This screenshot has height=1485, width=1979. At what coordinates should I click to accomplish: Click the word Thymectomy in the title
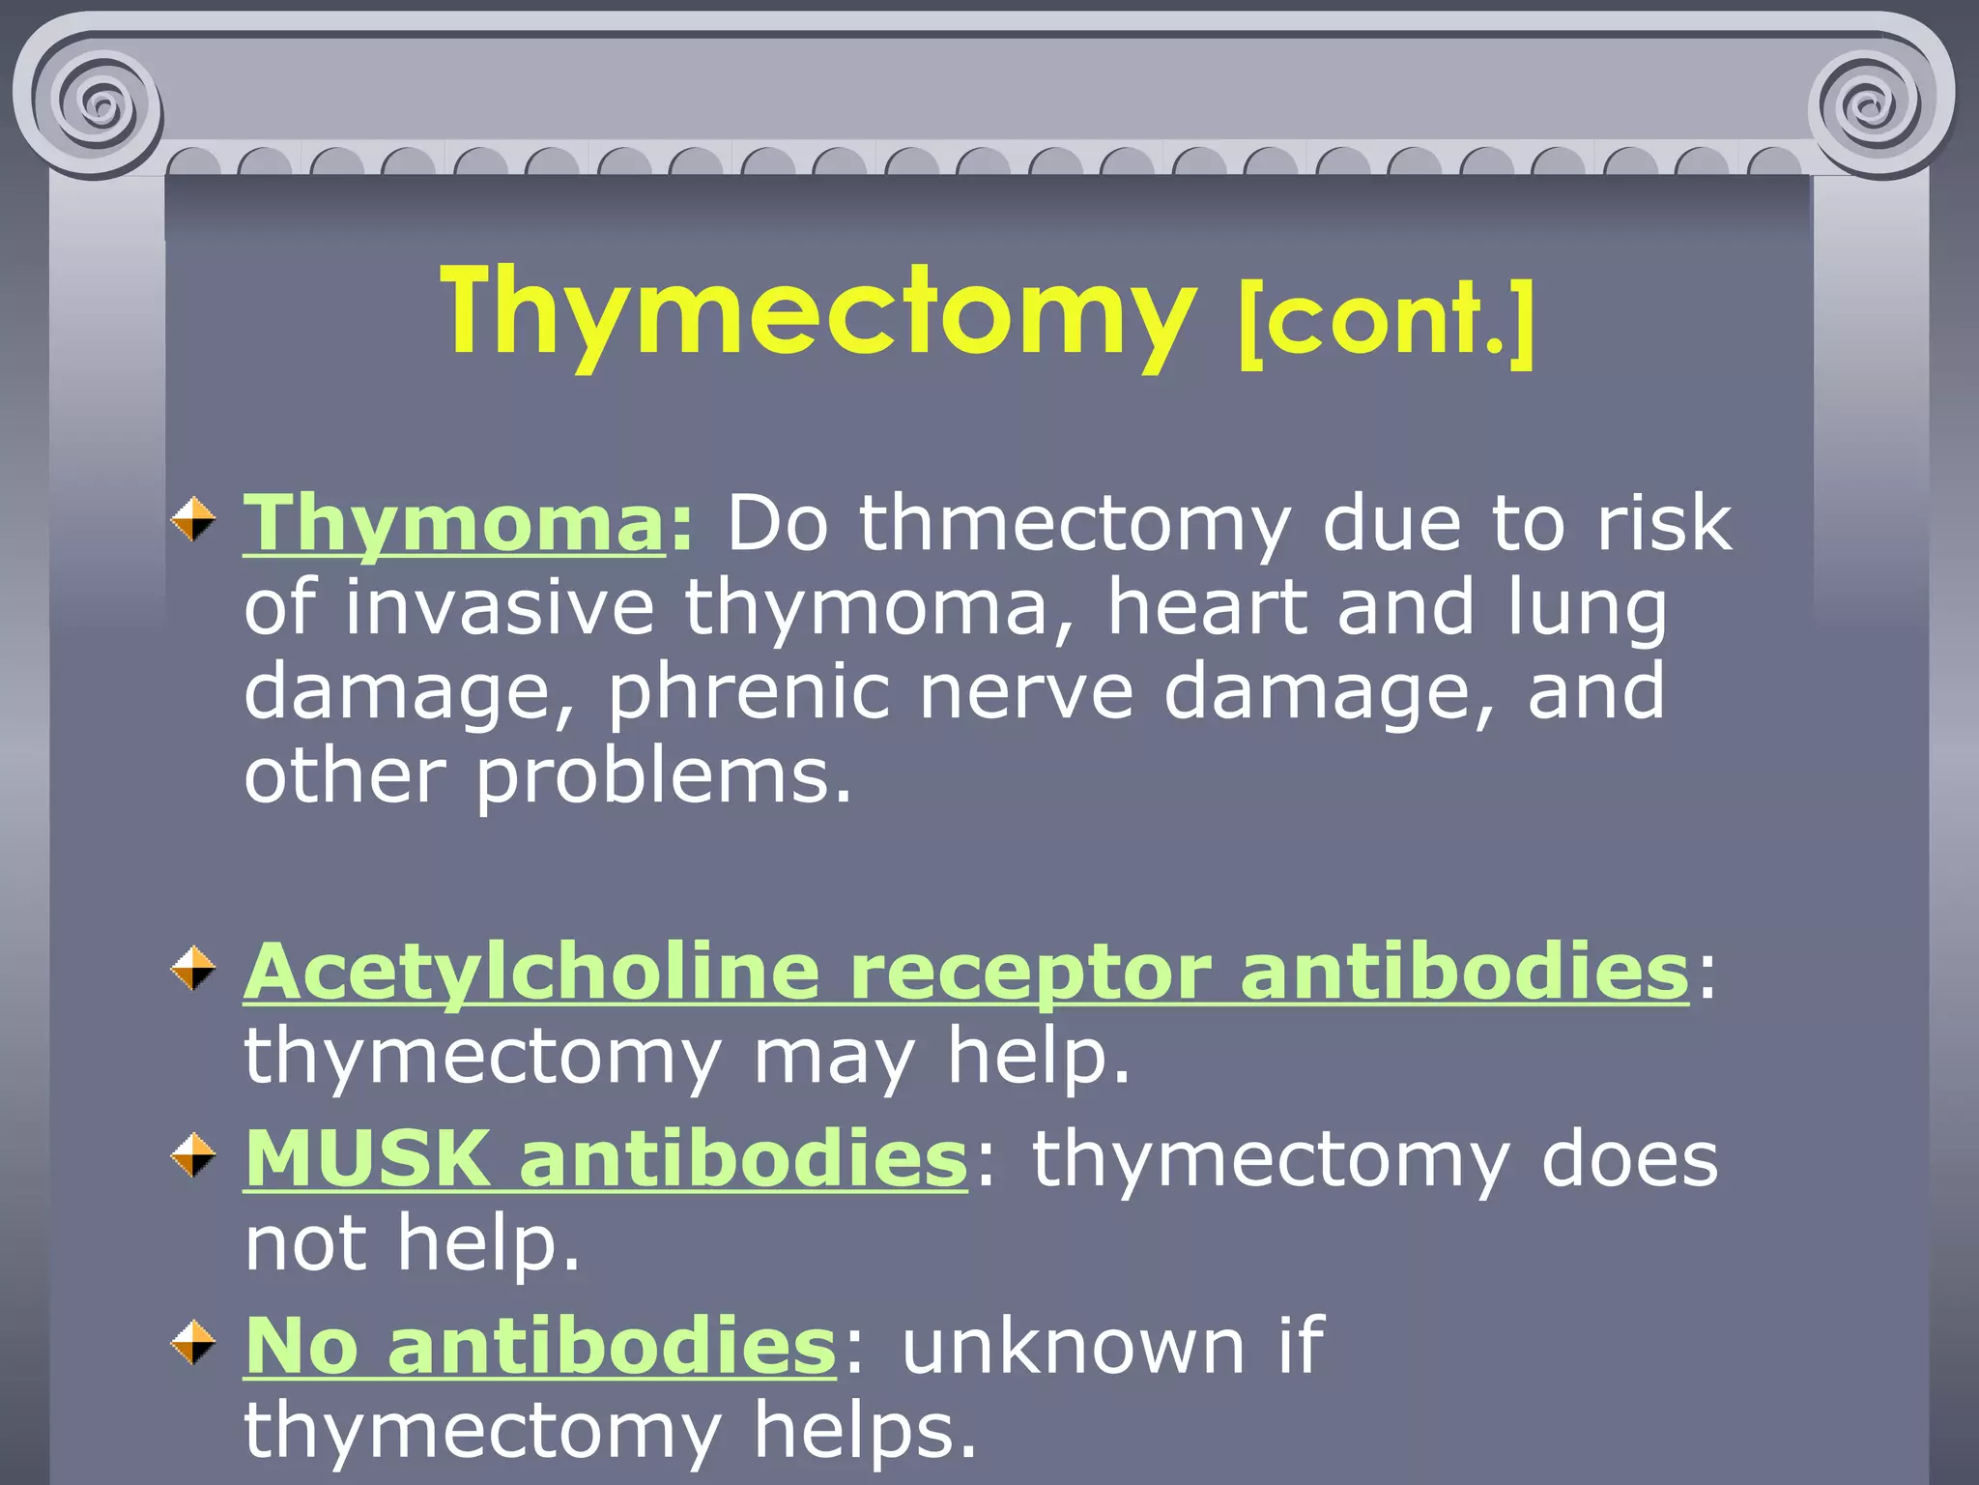817,314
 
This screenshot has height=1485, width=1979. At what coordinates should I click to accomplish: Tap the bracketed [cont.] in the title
1386,321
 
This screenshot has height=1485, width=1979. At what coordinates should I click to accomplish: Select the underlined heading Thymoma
453,523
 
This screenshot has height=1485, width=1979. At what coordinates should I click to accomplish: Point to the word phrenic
748,693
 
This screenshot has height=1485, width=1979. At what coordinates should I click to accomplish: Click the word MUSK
366,1158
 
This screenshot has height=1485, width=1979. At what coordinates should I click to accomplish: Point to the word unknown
1074,1346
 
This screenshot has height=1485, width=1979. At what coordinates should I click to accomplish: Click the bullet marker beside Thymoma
193,520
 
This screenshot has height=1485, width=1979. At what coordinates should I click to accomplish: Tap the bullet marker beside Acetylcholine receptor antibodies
193,969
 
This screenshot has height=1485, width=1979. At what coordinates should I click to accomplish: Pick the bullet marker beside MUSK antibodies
193,1155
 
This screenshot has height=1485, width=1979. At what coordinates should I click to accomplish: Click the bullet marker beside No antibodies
193,1343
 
